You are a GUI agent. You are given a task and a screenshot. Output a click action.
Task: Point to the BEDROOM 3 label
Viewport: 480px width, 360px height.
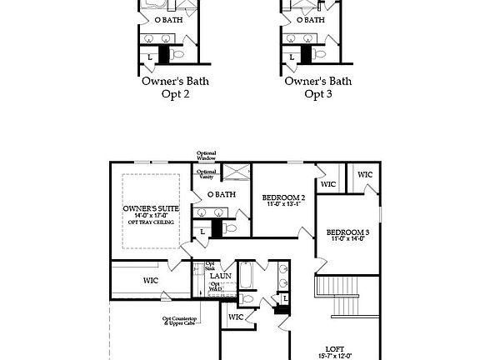347,232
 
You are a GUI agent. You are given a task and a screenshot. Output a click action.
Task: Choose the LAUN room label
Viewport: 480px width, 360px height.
221,276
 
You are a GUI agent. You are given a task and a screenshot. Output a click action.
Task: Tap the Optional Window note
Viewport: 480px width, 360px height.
207,156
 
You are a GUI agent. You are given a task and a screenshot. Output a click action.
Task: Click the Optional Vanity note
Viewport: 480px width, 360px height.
207,174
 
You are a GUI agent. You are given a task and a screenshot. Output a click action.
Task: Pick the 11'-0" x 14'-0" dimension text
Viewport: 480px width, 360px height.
347,240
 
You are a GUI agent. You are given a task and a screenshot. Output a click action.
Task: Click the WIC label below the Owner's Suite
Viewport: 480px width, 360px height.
151,280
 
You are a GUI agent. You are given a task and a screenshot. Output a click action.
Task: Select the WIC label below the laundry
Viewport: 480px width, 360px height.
236,317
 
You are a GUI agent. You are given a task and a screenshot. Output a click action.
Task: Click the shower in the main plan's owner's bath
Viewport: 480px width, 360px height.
236,173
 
